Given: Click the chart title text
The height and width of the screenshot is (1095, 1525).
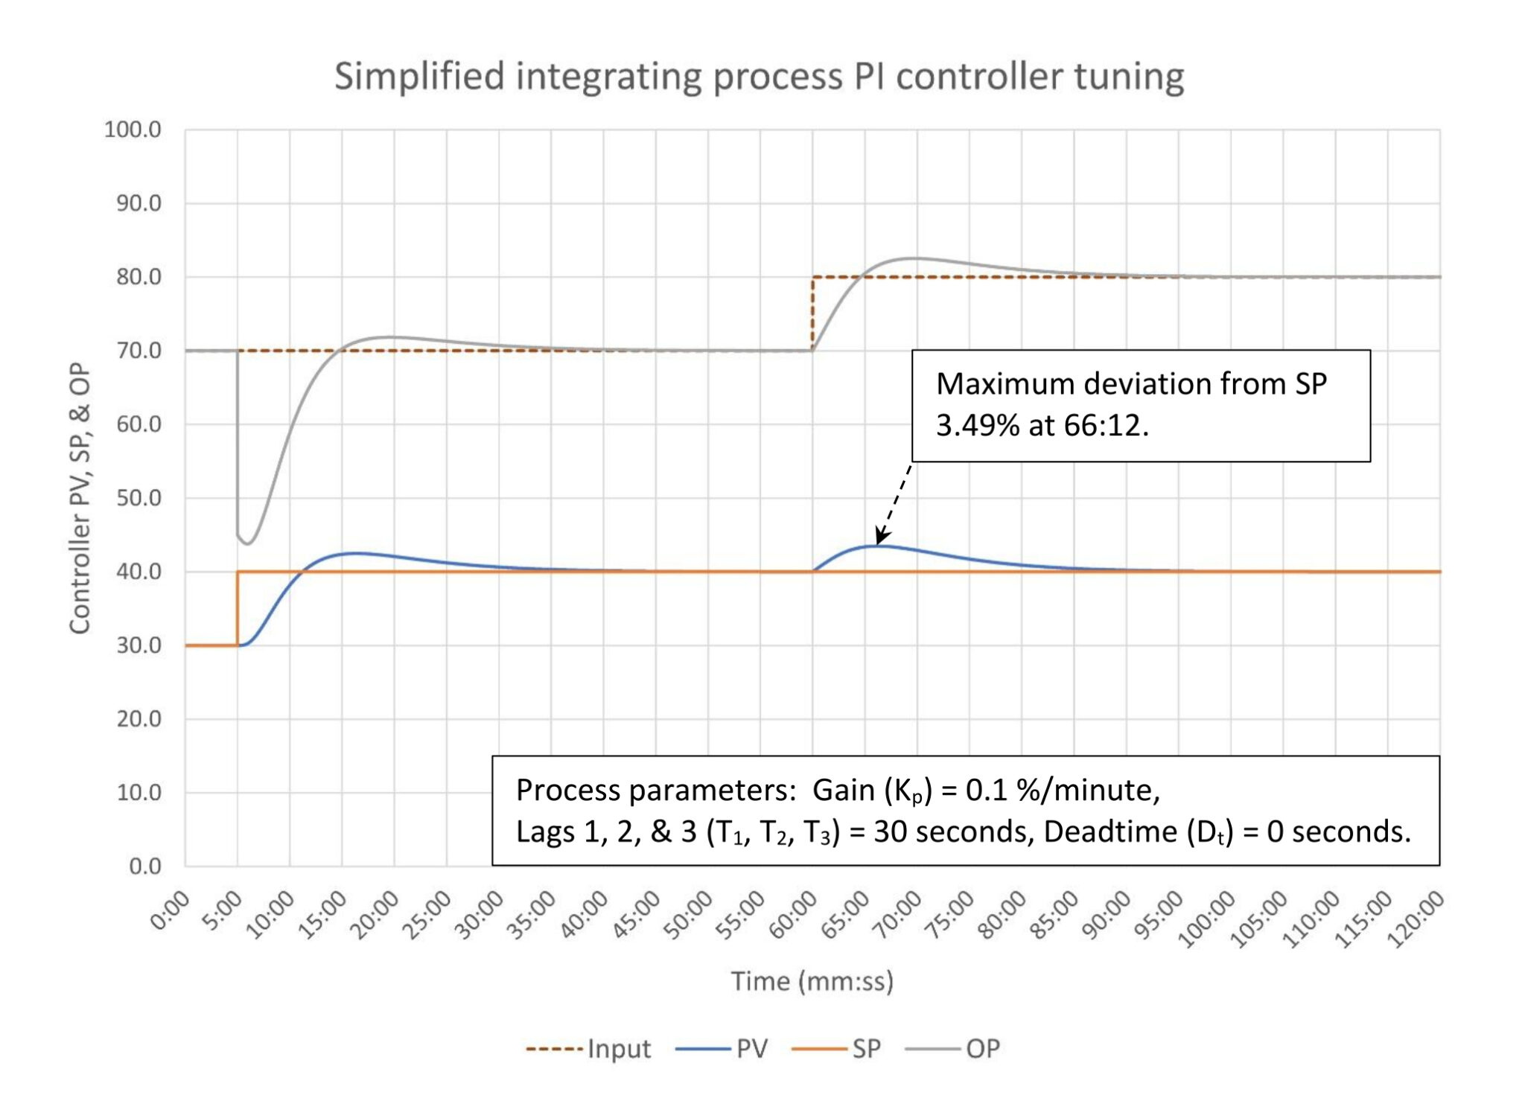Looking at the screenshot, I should pos(759,77).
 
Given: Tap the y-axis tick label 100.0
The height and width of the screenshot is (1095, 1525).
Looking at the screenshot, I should pos(133,130).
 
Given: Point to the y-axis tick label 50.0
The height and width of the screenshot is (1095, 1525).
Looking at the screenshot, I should pos(139,498).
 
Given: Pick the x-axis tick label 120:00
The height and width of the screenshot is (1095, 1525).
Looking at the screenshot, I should pos(1416,920).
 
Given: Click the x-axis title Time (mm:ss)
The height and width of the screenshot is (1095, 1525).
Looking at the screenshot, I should pos(812,981).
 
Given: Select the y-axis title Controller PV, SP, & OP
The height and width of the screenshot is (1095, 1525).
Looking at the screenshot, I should pos(80,498).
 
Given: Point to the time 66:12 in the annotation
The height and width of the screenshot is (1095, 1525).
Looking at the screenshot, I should pos(1104,426).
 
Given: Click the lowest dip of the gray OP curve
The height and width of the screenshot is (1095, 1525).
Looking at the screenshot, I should pos(247,543).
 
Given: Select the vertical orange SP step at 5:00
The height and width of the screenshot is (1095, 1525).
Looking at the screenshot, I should pos(238,608).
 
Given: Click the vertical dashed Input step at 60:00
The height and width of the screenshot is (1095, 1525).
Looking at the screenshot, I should pos(812,313).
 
